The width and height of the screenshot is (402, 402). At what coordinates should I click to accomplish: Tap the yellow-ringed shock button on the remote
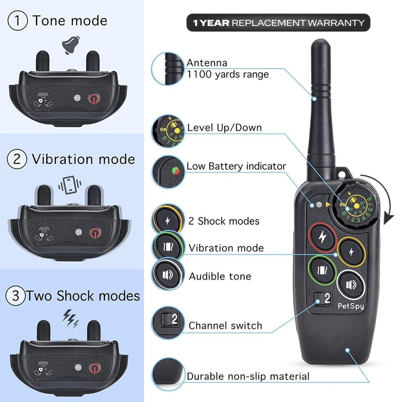(x=351, y=252)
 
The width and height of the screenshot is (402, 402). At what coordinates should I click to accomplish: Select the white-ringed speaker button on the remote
(x=351, y=285)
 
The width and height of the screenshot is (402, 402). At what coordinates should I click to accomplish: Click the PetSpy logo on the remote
(x=351, y=306)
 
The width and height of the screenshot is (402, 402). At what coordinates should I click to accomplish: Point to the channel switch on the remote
(x=323, y=298)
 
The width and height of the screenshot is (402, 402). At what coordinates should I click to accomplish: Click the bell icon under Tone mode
(x=71, y=45)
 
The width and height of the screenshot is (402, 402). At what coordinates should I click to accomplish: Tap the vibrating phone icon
(x=70, y=185)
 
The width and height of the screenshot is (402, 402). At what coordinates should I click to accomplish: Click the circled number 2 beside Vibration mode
(x=17, y=159)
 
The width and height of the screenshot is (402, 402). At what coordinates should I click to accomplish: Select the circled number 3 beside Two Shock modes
(x=15, y=296)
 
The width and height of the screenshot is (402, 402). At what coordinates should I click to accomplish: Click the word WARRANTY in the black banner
(x=336, y=23)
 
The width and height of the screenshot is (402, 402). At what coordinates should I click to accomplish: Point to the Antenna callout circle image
(x=168, y=69)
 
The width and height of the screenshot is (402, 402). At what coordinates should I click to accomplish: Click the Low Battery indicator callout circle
(x=168, y=172)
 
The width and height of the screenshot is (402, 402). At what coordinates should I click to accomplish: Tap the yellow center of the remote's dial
(x=357, y=206)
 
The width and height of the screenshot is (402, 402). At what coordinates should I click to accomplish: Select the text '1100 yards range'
(x=228, y=74)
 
